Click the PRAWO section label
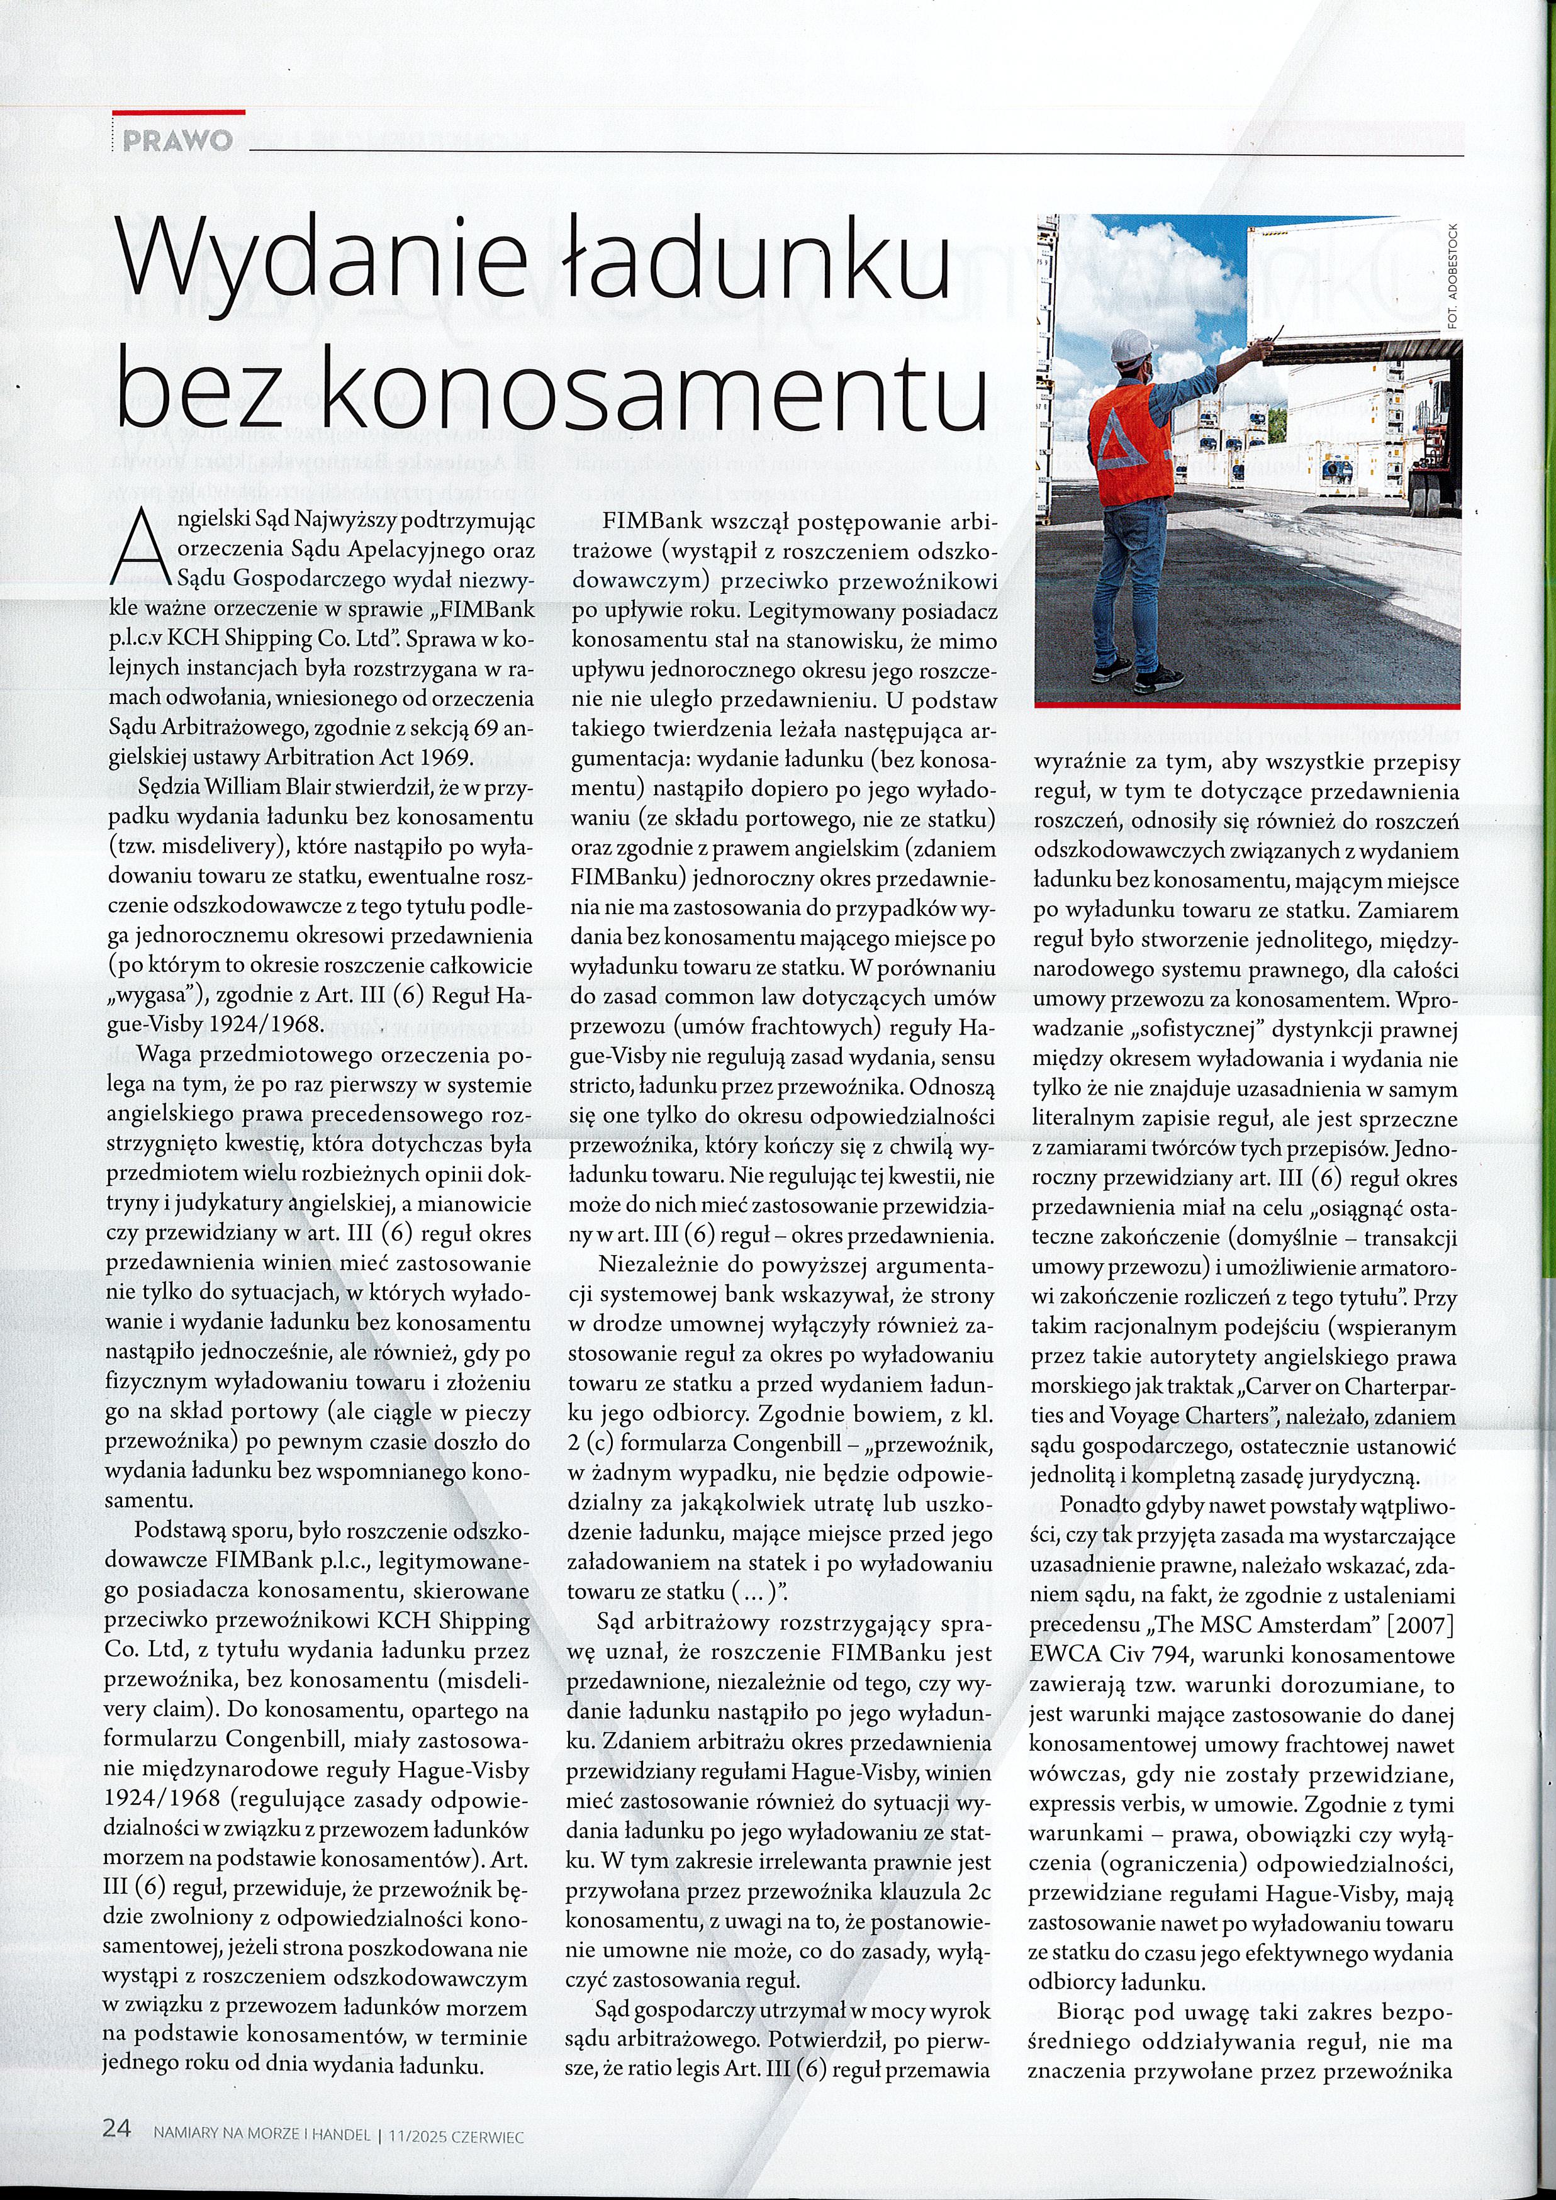click(x=178, y=141)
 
